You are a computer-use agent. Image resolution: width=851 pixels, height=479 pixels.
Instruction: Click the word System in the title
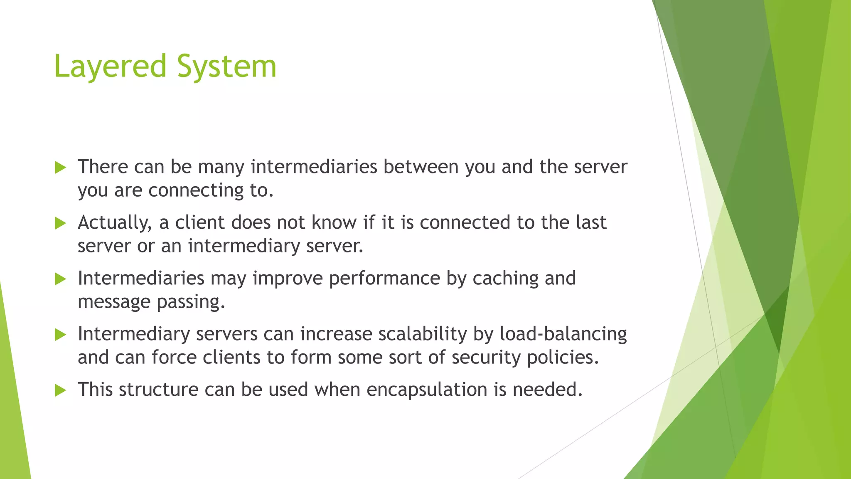(x=227, y=67)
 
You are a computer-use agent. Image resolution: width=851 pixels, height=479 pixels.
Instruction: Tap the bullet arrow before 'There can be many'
(x=61, y=168)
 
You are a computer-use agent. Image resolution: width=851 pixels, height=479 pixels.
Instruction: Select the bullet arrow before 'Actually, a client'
(x=61, y=224)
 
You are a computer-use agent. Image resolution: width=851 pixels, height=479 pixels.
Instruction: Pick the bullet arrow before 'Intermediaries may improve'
(x=61, y=279)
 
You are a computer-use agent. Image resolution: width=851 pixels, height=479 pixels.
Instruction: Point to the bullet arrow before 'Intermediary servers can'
(x=61, y=335)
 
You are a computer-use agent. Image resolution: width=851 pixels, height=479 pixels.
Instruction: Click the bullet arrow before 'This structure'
(x=61, y=391)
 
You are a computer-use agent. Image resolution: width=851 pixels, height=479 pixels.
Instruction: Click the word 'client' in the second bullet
(x=200, y=223)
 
